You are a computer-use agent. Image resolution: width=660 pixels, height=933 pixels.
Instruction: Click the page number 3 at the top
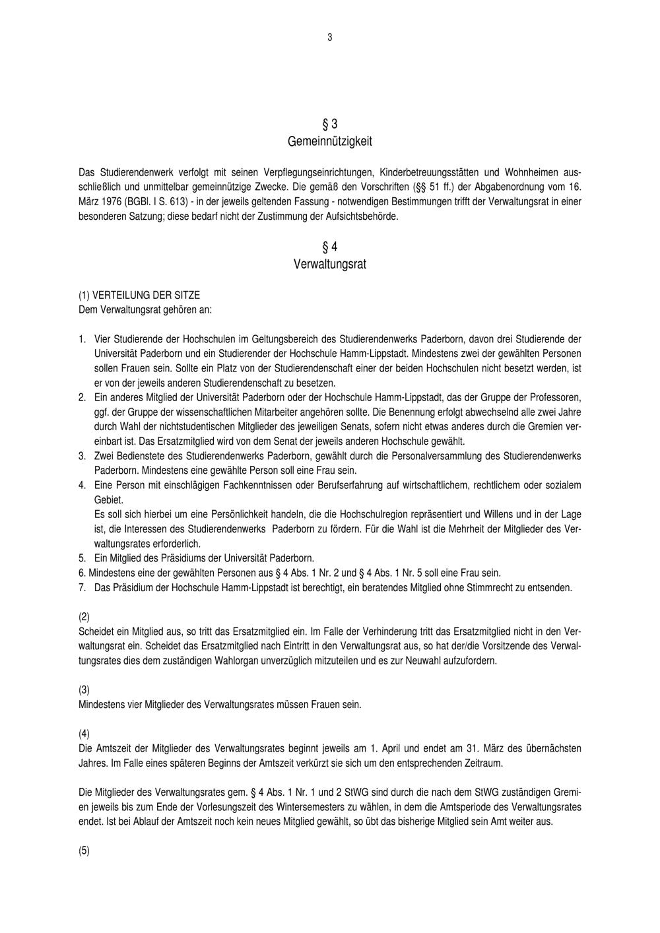tap(329, 38)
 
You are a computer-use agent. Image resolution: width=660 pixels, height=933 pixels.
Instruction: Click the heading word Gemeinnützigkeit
tap(329, 141)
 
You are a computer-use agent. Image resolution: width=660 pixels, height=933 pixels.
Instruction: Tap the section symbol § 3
tap(329, 124)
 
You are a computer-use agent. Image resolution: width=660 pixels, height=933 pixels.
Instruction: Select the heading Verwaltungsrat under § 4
tap(329, 265)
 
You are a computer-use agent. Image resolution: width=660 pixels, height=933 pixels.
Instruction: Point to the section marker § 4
tap(329, 247)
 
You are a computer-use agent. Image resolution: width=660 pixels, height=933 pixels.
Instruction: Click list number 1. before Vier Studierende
tap(82, 339)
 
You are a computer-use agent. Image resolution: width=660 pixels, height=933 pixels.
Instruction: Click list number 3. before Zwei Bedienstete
tap(82, 456)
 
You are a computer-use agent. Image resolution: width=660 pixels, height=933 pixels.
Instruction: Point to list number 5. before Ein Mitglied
tap(82, 558)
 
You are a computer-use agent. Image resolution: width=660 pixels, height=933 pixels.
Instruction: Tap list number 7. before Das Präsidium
tap(82, 587)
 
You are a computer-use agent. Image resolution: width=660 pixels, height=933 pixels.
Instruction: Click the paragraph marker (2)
tap(84, 617)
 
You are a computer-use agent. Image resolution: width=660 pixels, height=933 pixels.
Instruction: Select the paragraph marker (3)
tap(84, 690)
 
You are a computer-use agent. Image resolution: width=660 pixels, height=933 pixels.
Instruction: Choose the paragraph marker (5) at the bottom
tap(84, 851)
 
